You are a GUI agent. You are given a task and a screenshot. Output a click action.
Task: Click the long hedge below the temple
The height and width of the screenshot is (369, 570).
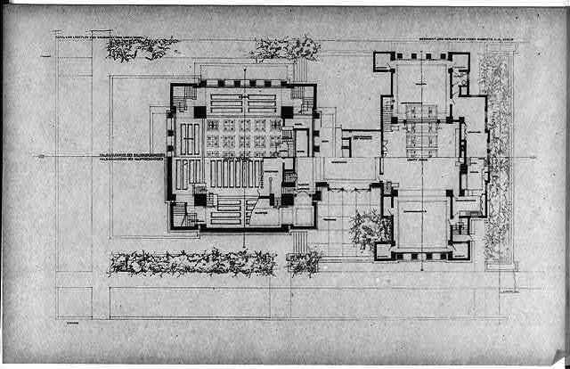tap(191, 261)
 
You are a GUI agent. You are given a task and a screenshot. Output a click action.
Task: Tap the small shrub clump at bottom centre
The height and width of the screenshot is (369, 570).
tap(304, 262)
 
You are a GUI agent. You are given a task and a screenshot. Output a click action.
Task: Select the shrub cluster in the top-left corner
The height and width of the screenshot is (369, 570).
tap(142, 47)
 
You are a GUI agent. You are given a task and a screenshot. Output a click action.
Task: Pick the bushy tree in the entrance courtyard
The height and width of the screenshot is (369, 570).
tap(368, 229)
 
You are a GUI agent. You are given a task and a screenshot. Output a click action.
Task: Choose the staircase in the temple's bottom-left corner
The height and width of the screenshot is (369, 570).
tap(183, 214)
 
